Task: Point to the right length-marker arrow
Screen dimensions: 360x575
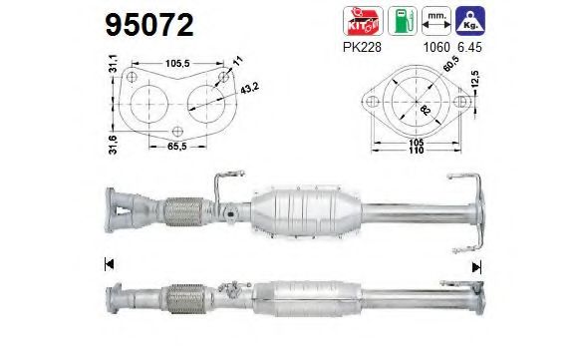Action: [476, 264]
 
